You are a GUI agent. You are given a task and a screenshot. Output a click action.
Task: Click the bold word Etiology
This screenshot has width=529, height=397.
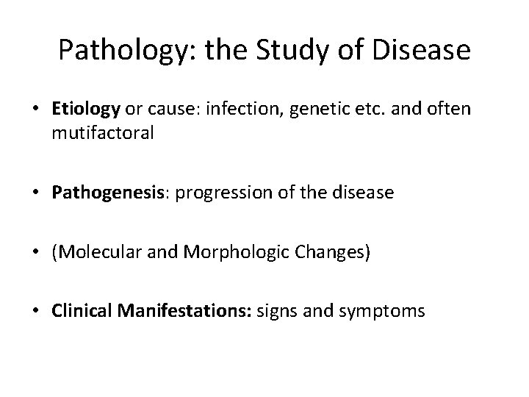(86, 110)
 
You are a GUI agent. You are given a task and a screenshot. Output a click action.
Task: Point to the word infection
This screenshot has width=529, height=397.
(240, 110)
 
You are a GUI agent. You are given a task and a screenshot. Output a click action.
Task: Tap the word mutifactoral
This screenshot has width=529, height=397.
(103, 135)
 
